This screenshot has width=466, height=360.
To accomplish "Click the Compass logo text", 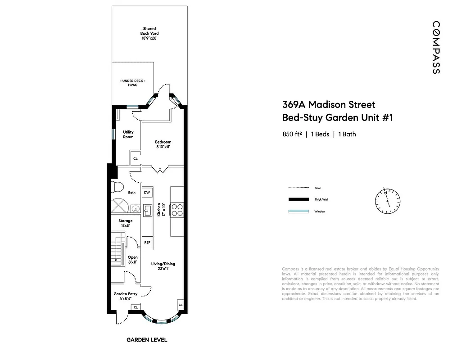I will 436,47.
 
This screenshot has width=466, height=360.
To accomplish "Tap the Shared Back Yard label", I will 149,33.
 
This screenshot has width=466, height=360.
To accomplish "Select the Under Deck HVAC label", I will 132,82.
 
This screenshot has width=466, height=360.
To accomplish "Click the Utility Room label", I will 128,135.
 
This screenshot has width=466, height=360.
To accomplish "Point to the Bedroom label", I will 163,144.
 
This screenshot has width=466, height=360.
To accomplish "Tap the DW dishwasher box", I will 147,193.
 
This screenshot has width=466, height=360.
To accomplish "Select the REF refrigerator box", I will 147,243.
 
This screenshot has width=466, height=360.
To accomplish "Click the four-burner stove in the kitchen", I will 177,210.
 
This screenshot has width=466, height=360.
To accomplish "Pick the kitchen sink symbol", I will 147,210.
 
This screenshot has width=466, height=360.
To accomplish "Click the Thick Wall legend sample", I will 299,199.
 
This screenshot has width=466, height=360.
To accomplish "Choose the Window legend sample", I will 299,211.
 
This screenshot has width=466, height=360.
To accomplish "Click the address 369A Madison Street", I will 329,105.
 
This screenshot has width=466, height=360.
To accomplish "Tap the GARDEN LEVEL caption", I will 147,340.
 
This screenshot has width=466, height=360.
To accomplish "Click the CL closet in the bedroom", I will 135,159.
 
